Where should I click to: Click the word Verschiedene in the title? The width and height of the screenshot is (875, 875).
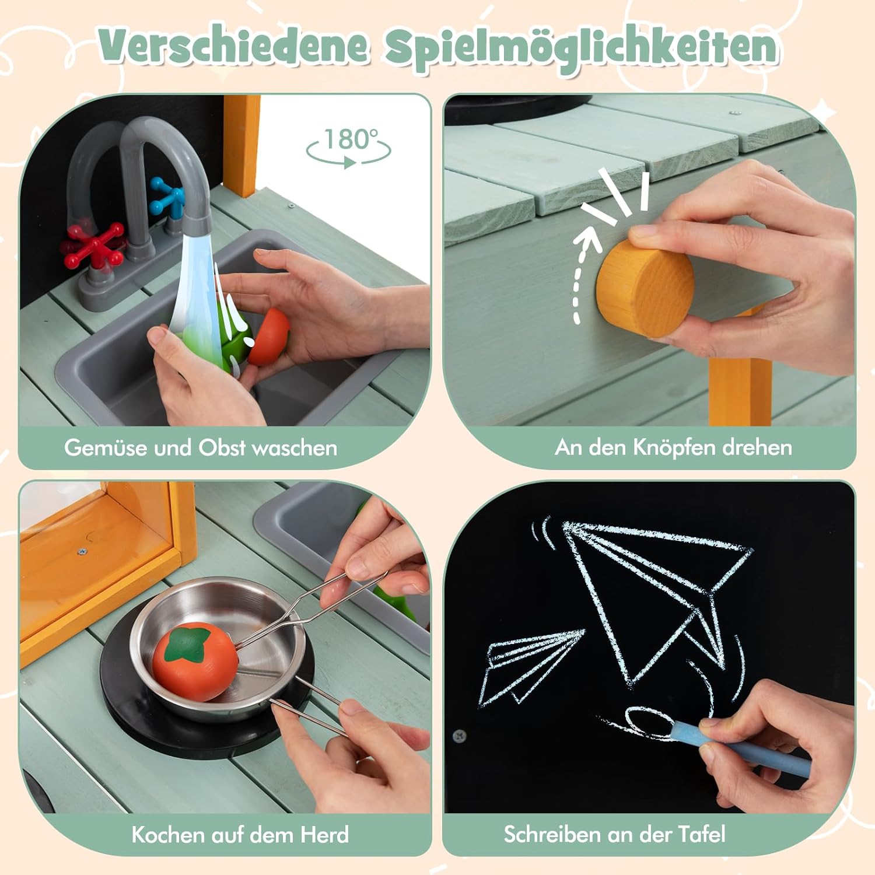coord(233,47)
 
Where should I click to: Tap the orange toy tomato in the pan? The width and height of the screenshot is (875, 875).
coord(194,661)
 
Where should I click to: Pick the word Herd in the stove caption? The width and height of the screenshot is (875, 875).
coord(324,834)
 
